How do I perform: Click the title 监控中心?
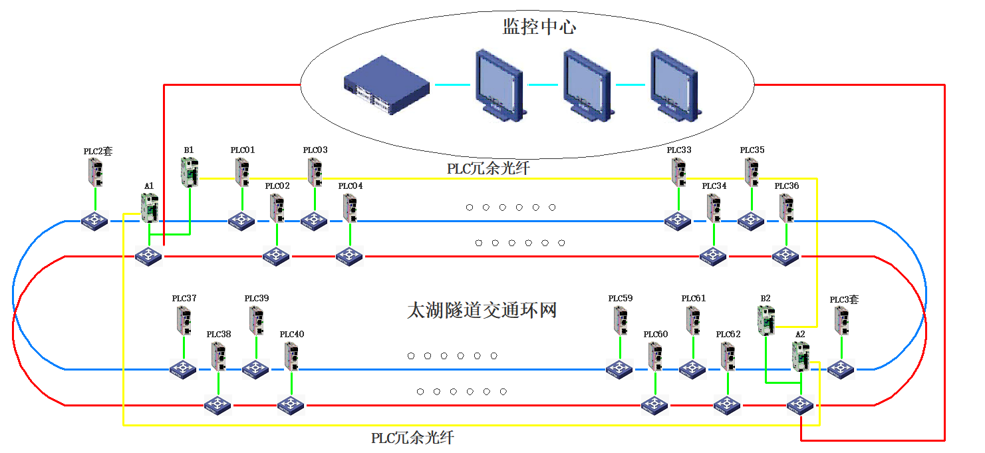pyautogui.click(x=539, y=27)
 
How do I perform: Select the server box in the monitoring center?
pyautogui.click(x=386, y=85)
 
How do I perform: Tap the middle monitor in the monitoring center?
pyautogui.click(x=586, y=84)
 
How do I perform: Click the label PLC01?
pyautogui.click(x=243, y=150)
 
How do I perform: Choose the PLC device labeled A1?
pyautogui.click(x=150, y=207)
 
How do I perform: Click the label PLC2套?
pyautogui.click(x=98, y=151)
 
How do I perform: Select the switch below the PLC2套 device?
pyautogui.click(x=95, y=221)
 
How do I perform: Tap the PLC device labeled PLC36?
pyautogui.click(x=787, y=208)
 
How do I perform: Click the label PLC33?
pyautogui.click(x=679, y=150)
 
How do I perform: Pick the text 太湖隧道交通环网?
pyautogui.click(x=482, y=311)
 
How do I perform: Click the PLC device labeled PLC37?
pyautogui.click(x=184, y=321)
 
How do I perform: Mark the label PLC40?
pyautogui.click(x=292, y=334)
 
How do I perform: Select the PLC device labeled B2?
pyautogui.click(x=766, y=320)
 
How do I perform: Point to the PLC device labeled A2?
pyautogui.click(x=800, y=355)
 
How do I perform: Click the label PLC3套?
pyautogui.click(x=844, y=300)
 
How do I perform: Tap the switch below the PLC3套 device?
pyautogui.click(x=841, y=369)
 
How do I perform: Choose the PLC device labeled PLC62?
pyautogui.click(x=728, y=356)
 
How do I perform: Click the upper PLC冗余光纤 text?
pyautogui.click(x=488, y=169)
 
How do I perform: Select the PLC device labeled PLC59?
pyautogui.click(x=620, y=321)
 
